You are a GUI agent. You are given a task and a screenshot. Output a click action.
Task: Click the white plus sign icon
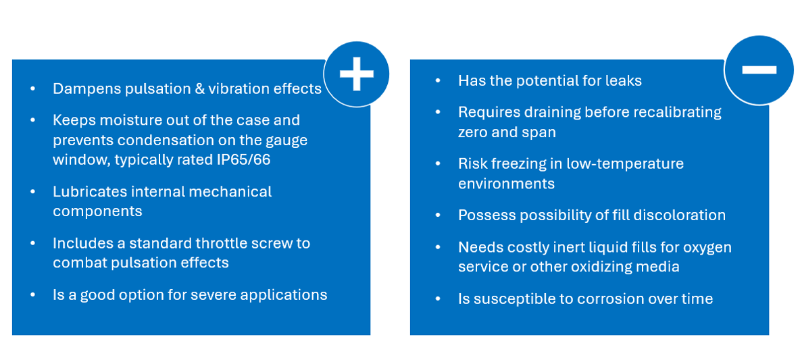click(x=356, y=74)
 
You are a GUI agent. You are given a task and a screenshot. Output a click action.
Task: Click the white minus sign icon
click(x=758, y=69)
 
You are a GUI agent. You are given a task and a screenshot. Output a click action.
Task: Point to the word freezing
click(x=520, y=164)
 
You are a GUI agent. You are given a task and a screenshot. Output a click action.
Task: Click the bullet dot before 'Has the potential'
click(x=438, y=81)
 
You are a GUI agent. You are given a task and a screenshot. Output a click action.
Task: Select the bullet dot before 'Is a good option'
click(x=33, y=295)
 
